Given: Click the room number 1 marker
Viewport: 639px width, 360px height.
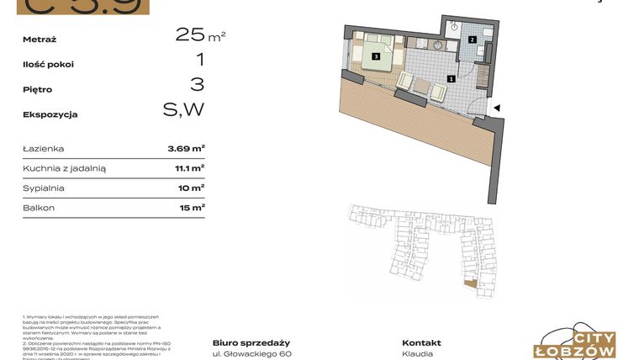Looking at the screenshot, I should tap(452, 79).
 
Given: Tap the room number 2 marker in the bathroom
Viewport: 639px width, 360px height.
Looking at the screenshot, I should tap(473, 40).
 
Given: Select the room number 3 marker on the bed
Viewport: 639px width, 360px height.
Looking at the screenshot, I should tap(376, 57).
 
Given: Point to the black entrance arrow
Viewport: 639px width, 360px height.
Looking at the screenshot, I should tap(497, 108).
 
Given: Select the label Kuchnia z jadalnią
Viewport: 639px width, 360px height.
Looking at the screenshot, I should tap(65, 168).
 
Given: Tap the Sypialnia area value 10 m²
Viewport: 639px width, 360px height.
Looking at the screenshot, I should tap(189, 188).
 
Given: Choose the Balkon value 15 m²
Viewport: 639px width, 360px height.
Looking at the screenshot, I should tap(189, 207).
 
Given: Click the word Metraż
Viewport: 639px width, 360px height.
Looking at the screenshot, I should tap(40, 39).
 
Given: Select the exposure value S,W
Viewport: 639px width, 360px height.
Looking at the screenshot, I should tap(183, 109).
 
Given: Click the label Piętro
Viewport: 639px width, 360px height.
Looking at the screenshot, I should tap(38, 89).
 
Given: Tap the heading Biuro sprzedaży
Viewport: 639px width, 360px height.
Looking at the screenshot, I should tap(251, 342).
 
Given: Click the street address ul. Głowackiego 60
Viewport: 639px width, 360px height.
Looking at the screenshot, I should tap(251, 354).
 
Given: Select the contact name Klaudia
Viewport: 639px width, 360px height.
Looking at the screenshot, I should tap(418, 354).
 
